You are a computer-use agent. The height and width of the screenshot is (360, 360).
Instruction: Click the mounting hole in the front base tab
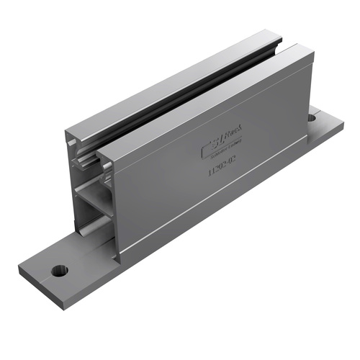[57, 271]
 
